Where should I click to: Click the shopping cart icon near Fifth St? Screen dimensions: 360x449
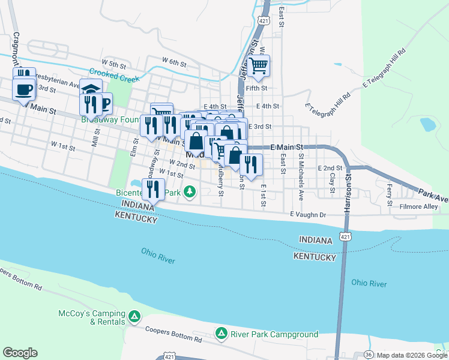point(259,65)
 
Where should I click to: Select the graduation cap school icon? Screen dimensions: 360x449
point(91,90)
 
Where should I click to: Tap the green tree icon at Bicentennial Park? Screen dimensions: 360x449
point(190,192)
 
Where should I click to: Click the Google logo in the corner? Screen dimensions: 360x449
point(20,353)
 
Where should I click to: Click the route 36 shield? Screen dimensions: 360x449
point(368,355)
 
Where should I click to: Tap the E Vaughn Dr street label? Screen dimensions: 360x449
point(307,214)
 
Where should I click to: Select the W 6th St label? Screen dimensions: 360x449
point(175,61)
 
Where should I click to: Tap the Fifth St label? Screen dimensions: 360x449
point(256,87)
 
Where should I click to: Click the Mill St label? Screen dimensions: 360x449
point(95,139)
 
